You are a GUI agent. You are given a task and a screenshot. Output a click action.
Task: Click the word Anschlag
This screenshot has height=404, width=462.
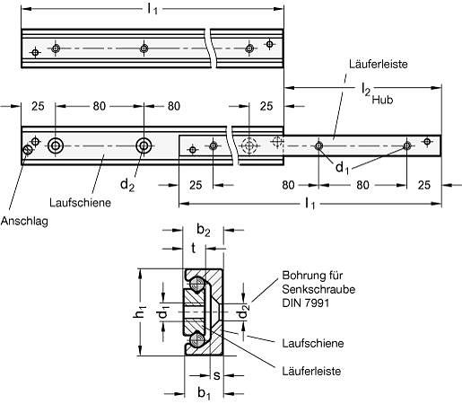(24, 222)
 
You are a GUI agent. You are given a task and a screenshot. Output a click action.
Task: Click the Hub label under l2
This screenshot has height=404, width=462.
(382, 100)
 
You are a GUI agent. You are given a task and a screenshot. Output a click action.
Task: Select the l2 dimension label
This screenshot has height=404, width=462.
(366, 89)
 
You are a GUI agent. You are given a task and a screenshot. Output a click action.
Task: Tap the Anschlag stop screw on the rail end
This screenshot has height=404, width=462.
(27, 150)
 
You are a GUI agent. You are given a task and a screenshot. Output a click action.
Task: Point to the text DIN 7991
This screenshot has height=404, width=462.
(305, 303)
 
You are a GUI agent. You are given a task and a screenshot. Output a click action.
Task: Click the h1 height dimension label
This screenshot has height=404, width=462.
(140, 312)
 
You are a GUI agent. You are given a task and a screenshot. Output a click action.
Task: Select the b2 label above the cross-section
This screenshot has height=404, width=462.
(204, 230)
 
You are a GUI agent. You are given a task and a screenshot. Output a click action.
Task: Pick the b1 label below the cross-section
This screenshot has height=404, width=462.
(204, 393)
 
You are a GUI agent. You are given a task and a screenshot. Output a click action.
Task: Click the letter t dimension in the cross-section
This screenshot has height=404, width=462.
(194, 248)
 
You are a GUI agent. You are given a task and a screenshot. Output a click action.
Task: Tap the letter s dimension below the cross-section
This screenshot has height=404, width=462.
(217, 375)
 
